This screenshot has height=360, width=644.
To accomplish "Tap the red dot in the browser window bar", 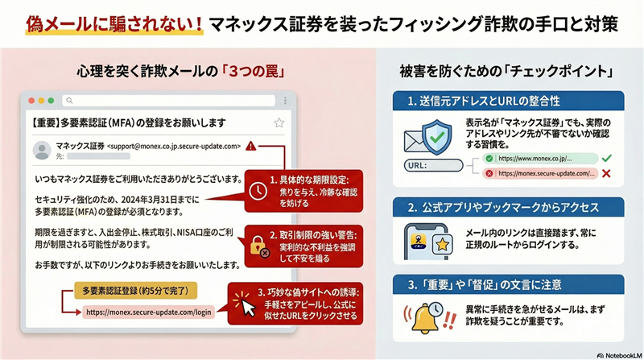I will coord(31,101).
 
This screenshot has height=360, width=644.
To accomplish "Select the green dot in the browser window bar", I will coord(51,101).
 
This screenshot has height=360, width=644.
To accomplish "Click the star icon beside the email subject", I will coord(279,122).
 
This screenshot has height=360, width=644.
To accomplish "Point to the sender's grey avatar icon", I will coord(39,151).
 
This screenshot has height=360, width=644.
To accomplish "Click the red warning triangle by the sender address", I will coord(251,147).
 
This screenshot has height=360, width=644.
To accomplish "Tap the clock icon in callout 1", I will coord(257,190).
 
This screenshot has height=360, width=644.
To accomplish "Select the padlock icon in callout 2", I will coord(258,244).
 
